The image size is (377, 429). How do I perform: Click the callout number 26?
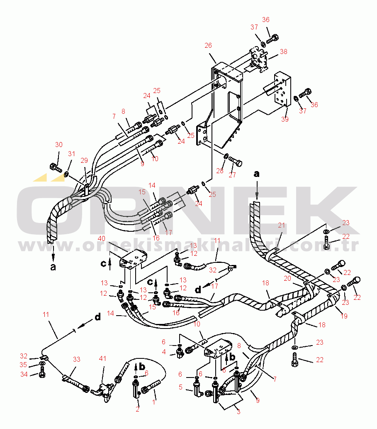(x=208, y=45)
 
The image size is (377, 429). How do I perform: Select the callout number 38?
(x=283, y=52)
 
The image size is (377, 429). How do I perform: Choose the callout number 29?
(x=84, y=160)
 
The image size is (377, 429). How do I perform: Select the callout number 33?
(x=76, y=359)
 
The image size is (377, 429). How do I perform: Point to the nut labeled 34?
(x=42, y=374)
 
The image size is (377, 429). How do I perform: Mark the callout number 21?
(x=282, y=225)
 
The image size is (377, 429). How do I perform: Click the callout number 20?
(x=299, y=278)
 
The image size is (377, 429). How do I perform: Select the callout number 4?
(x=163, y=352)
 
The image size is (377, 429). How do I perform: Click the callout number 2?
(x=138, y=410)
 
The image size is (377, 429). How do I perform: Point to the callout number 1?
(x=154, y=402)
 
